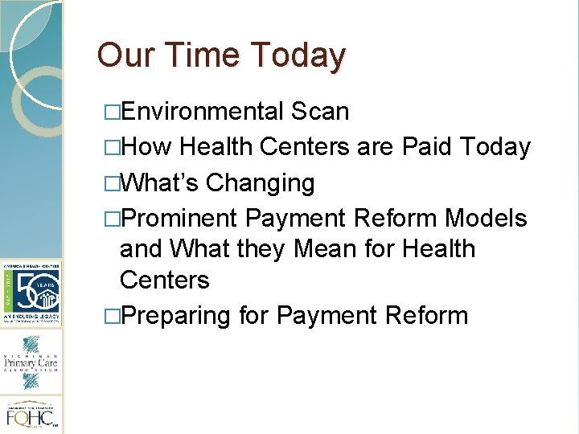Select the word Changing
261,183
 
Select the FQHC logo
31,416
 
